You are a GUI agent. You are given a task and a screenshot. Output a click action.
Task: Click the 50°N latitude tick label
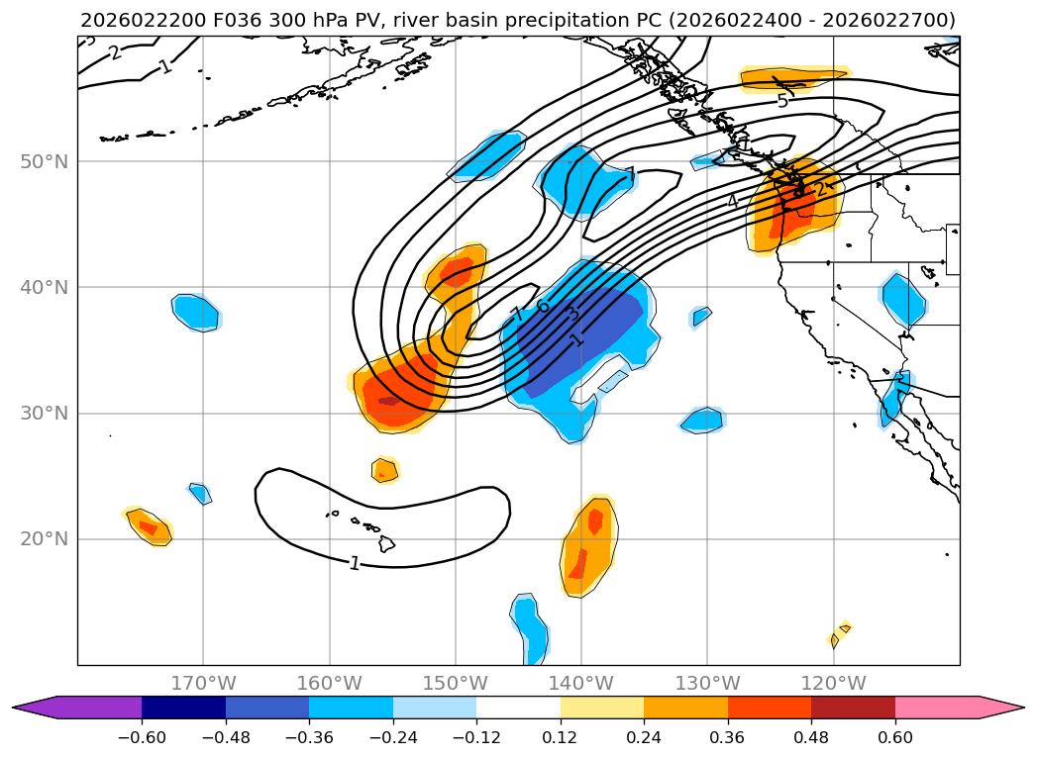tap(44, 161)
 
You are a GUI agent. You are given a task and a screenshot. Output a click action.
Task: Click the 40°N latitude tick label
tap(44, 287)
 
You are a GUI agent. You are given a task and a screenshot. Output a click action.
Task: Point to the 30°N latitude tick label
tap(44, 413)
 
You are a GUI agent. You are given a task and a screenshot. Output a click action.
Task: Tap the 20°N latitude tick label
tap(44, 538)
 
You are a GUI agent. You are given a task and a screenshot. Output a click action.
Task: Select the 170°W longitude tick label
tap(203, 683)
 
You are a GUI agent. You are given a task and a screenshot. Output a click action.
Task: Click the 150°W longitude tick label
tap(455, 683)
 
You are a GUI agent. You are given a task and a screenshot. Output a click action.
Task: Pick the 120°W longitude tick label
tap(833, 683)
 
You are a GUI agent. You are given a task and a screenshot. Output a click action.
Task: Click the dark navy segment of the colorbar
tap(183, 707)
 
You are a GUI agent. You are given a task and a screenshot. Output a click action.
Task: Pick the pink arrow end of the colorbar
tap(1000, 707)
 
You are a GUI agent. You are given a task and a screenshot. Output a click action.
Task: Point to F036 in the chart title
tap(231, 20)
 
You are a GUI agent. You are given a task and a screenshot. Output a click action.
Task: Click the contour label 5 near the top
tap(782, 101)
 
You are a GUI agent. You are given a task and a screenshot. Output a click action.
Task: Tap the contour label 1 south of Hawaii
tap(354, 563)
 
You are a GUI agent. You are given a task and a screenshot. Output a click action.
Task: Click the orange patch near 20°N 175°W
tap(148, 526)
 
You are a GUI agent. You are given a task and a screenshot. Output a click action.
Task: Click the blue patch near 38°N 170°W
tap(196, 313)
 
